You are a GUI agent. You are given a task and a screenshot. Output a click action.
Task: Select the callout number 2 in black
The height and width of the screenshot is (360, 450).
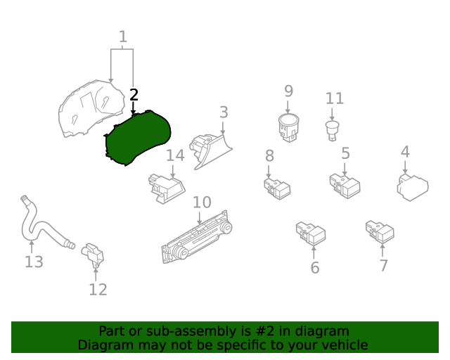pyautogui.click(x=134, y=95)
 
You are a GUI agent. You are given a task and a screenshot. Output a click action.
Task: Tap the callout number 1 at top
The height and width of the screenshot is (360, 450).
pyautogui.click(x=123, y=37)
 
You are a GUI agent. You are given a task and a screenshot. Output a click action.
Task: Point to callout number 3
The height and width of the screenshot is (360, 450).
pyautogui.click(x=223, y=112)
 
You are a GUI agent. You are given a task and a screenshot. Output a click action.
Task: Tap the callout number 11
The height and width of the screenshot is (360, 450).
pyautogui.click(x=335, y=98)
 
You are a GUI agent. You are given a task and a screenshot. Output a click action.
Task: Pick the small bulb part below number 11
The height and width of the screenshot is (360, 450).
pyautogui.click(x=332, y=129)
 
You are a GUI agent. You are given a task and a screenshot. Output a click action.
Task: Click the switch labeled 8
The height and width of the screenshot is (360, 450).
pyautogui.click(x=276, y=187)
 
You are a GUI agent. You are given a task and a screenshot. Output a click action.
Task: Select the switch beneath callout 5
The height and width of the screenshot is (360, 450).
pyautogui.click(x=345, y=186)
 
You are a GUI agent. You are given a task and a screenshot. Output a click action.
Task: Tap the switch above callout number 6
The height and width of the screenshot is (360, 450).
pyautogui.click(x=310, y=233)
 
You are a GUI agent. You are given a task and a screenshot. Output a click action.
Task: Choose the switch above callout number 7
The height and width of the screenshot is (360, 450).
pyautogui.click(x=380, y=231)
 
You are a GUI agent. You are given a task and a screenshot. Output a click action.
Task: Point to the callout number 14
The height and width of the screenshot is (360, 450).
pyautogui.click(x=175, y=155)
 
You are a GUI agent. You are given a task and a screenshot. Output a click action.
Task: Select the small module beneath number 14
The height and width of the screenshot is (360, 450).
pyautogui.click(x=166, y=188)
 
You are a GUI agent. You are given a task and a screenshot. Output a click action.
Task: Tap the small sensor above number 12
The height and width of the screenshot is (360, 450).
pyautogui.click(x=93, y=254)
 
